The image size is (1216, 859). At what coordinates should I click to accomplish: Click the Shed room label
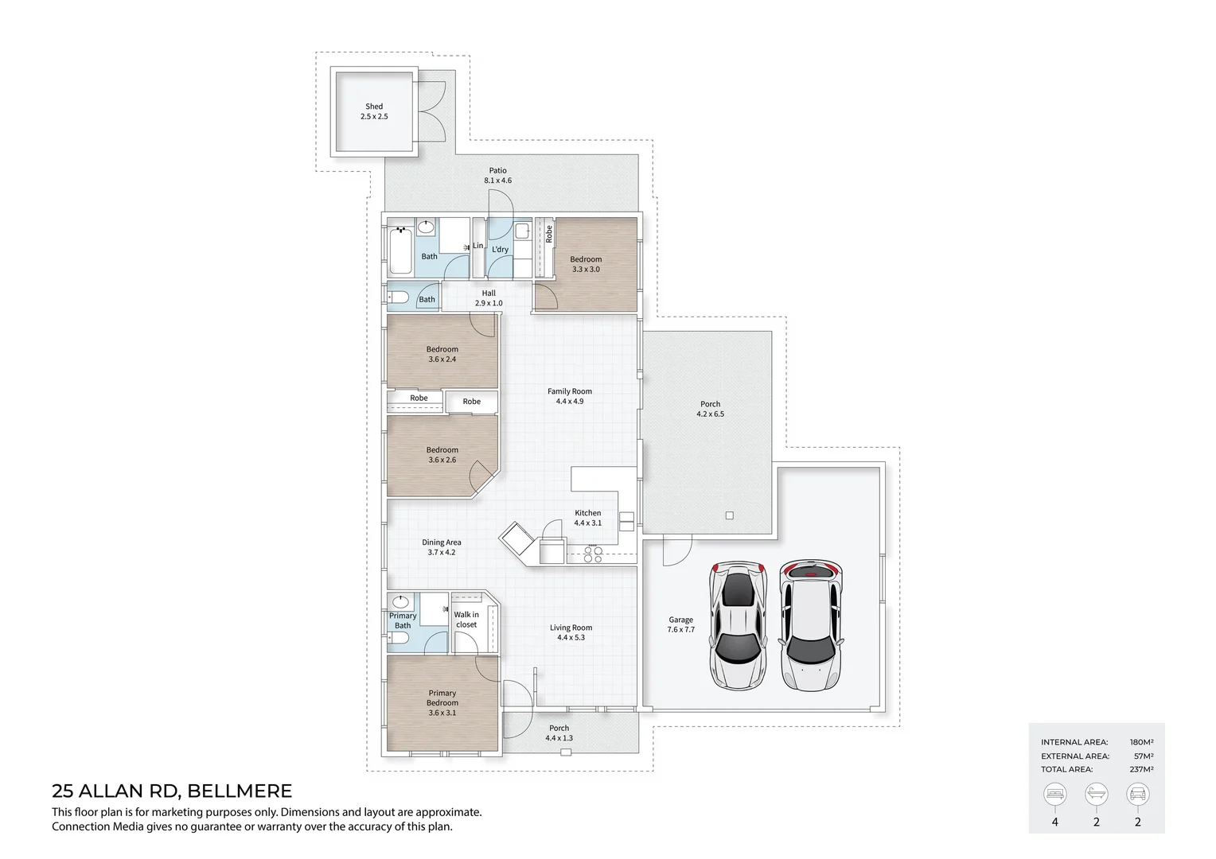click(x=374, y=111)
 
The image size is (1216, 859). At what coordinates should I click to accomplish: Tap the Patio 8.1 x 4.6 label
click(x=498, y=175)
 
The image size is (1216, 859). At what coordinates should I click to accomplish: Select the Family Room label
click(x=570, y=396)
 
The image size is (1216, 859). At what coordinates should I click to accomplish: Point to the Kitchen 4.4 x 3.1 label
click(x=588, y=518)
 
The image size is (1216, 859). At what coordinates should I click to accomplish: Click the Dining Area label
click(x=442, y=547)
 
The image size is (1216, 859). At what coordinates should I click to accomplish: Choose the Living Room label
click(x=571, y=632)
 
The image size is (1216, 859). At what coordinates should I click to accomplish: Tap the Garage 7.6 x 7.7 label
click(x=680, y=624)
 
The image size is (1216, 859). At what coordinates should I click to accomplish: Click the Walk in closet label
click(x=466, y=619)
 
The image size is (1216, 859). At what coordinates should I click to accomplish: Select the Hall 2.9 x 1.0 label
click(x=489, y=298)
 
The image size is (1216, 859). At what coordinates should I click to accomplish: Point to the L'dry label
click(x=500, y=250)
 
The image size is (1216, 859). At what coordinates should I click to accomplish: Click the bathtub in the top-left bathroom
click(x=400, y=251)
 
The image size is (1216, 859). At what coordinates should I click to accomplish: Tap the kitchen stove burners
click(x=593, y=554)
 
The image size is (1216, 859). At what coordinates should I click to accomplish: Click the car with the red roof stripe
click(x=811, y=625)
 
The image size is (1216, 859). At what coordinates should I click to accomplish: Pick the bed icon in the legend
click(x=1054, y=795)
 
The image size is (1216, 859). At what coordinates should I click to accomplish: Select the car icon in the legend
click(x=1137, y=795)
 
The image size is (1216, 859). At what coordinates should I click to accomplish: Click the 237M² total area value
click(x=1141, y=769)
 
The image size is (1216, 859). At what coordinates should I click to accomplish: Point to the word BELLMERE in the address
click(x=240, y=791)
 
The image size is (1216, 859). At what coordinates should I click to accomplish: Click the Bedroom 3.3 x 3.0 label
click(x=586, y=264)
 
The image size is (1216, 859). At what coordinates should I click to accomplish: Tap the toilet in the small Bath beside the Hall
click(x=398, y=297)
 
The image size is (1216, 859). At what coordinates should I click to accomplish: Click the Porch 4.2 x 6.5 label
click(x=710, y=409)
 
